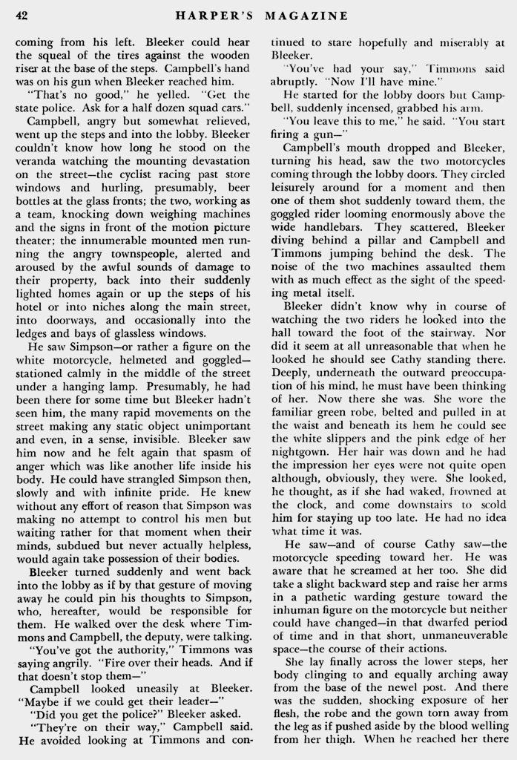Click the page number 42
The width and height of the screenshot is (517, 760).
[x=22, y=15]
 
